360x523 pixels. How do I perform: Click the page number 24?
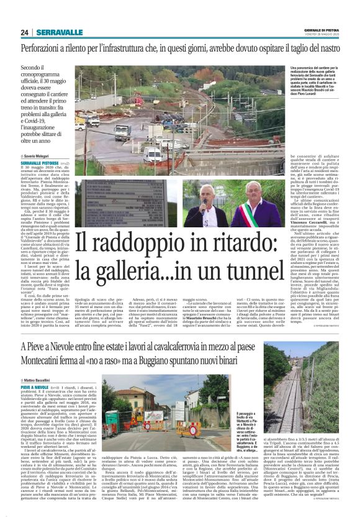(24, 32)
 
